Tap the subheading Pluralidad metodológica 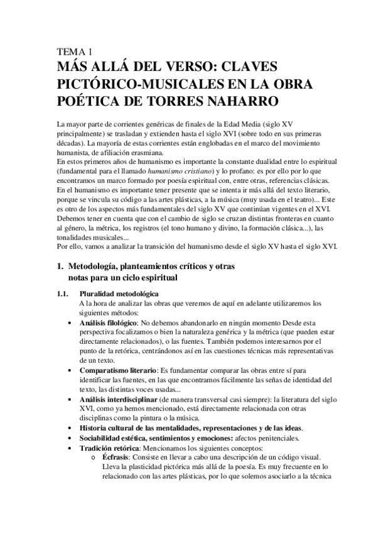pos(119,294)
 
